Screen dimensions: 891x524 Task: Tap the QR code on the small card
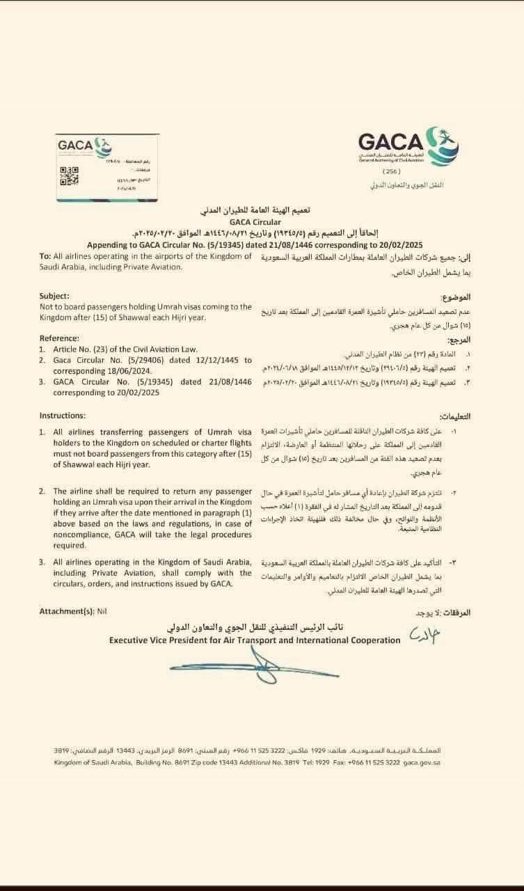[x=68, y=176]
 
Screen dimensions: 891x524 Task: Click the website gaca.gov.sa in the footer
[x=421, y=763]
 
